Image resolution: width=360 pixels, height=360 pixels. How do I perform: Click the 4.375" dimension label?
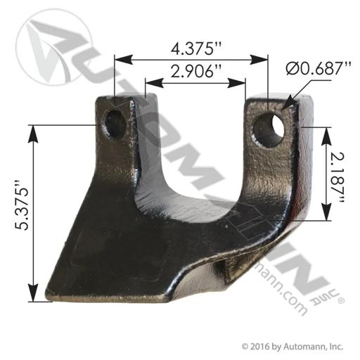point(196,49)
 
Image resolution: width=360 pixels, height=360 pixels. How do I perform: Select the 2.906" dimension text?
point(196,71)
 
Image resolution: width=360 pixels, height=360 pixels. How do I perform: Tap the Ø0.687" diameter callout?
point(319,68)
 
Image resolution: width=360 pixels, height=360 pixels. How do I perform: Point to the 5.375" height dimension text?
point(22,205)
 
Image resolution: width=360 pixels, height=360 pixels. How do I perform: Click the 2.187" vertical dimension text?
point(338,178)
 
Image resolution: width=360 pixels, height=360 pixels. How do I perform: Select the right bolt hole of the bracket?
point(269,130)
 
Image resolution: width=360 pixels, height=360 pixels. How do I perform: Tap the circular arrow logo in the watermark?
point(53,47)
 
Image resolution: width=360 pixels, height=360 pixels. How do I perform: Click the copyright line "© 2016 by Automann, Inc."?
point(292,347)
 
